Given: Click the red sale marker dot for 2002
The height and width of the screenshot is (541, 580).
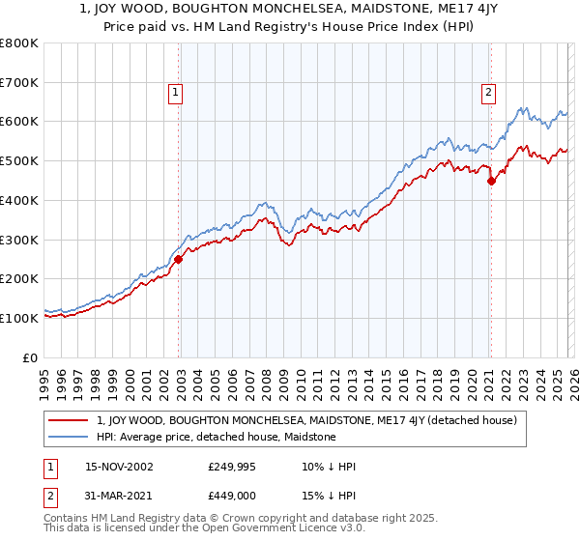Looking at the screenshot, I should coord(179,259).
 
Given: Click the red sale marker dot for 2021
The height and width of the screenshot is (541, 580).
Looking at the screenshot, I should coord(491,180).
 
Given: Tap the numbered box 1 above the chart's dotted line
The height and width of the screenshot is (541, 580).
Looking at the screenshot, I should coord(176,93).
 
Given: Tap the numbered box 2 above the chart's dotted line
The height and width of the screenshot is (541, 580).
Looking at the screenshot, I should coord(488,93).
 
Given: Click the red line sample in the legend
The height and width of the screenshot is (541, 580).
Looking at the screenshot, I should coord(69,420).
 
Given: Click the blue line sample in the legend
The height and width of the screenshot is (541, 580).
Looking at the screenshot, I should coord(69,437).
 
